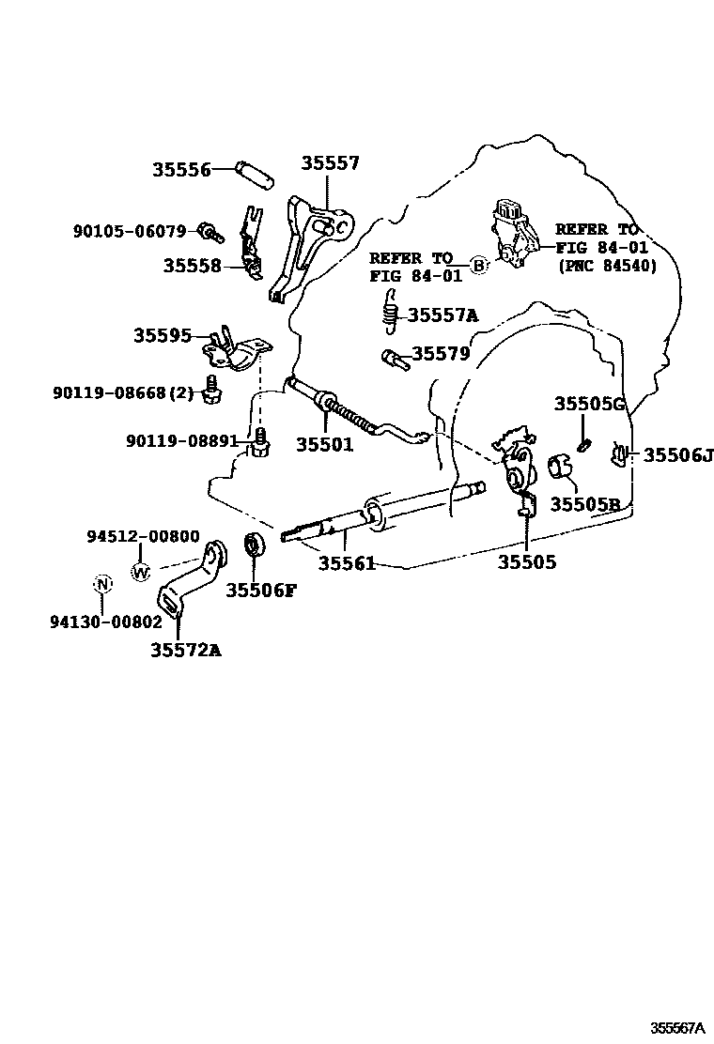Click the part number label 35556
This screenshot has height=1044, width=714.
tap(180, 170)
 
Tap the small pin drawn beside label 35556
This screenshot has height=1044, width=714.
tap(254, 172)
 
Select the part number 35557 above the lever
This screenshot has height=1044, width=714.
tap(330, 163)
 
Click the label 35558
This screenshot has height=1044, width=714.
tap(192, 266)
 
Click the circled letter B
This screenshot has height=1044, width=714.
tap(478, 266)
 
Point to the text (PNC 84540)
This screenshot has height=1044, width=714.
tap(607, 267)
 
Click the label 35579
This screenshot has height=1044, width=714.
tap(442, 353)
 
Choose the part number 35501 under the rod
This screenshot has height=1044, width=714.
tap(325, 445)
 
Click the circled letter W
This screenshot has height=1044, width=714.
tap(141, 571)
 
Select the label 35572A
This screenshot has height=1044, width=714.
tap(186, 649)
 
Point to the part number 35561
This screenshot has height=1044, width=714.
tap(347, 563)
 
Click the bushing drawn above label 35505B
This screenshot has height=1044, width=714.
tap(562, 467)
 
